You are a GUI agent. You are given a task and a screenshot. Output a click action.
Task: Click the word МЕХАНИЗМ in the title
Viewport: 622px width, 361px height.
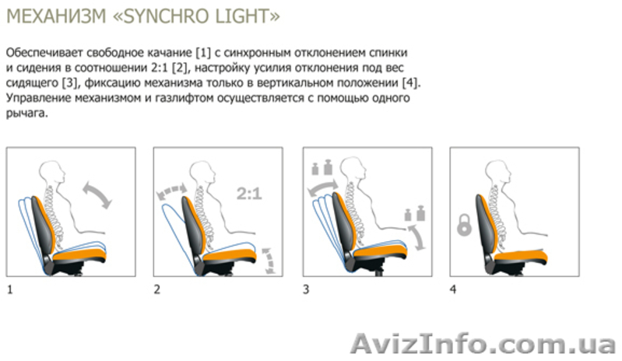[x=57, y=16]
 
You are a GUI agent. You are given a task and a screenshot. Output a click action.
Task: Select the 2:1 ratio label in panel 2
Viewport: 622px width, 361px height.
[x=249, y=194]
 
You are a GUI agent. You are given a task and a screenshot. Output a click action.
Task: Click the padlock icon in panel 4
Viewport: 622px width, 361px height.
[x=464, y=225]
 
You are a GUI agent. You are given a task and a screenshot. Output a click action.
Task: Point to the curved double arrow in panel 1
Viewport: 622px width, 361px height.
[x=97, y=195]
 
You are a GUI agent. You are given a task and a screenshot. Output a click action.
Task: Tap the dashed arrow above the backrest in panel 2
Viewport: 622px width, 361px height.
[x=171, y=191]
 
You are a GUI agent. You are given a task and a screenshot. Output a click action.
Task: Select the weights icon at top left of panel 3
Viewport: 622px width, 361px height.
[x=322, y=167]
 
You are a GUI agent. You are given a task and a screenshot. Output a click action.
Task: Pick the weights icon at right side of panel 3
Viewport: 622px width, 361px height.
[x=414, y=215]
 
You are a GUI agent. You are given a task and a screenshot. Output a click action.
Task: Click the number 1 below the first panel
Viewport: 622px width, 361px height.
[x=10, y=289]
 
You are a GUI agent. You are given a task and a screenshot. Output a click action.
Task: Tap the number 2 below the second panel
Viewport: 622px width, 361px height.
[x=157, y=289]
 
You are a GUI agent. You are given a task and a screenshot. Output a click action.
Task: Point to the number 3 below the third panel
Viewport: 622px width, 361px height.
[x=306, y=289]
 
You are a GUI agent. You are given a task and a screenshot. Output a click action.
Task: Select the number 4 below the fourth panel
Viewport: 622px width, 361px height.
[x=453, y=289]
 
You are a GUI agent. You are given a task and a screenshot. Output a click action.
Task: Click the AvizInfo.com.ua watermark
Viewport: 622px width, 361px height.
[x=483, y=344]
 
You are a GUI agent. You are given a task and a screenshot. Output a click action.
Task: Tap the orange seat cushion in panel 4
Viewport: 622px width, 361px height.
[x=521, y=257]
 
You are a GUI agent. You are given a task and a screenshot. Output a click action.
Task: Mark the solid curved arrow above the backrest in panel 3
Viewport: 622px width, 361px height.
[x=323, y=188]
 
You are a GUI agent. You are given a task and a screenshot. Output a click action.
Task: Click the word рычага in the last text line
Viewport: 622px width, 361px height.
[x=26, y=114]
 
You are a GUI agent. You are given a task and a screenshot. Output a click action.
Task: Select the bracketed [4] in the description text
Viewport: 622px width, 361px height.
[x=409, y=82]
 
